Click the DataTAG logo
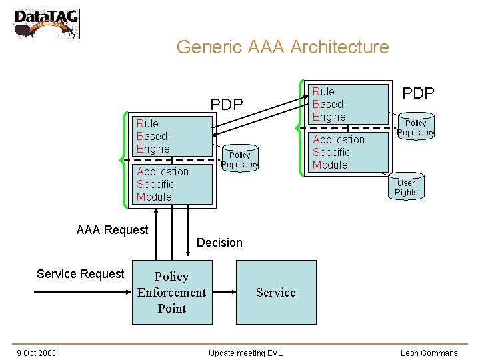point(46,23)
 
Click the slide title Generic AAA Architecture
point(282,47)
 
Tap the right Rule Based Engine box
point(349,104)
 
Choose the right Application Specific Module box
point(348,152)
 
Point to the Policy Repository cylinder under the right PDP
point(415,128)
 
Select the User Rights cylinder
point(406,188)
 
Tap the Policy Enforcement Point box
point(172,293)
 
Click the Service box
point(276,293)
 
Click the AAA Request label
point(112,230)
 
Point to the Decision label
point(219,243)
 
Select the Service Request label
point(80,274)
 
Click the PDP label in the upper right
point(419,93)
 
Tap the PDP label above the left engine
point(227,105)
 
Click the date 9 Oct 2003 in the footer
point(37,353)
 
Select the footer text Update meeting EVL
point(245,353)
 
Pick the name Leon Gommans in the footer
point(429,353)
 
